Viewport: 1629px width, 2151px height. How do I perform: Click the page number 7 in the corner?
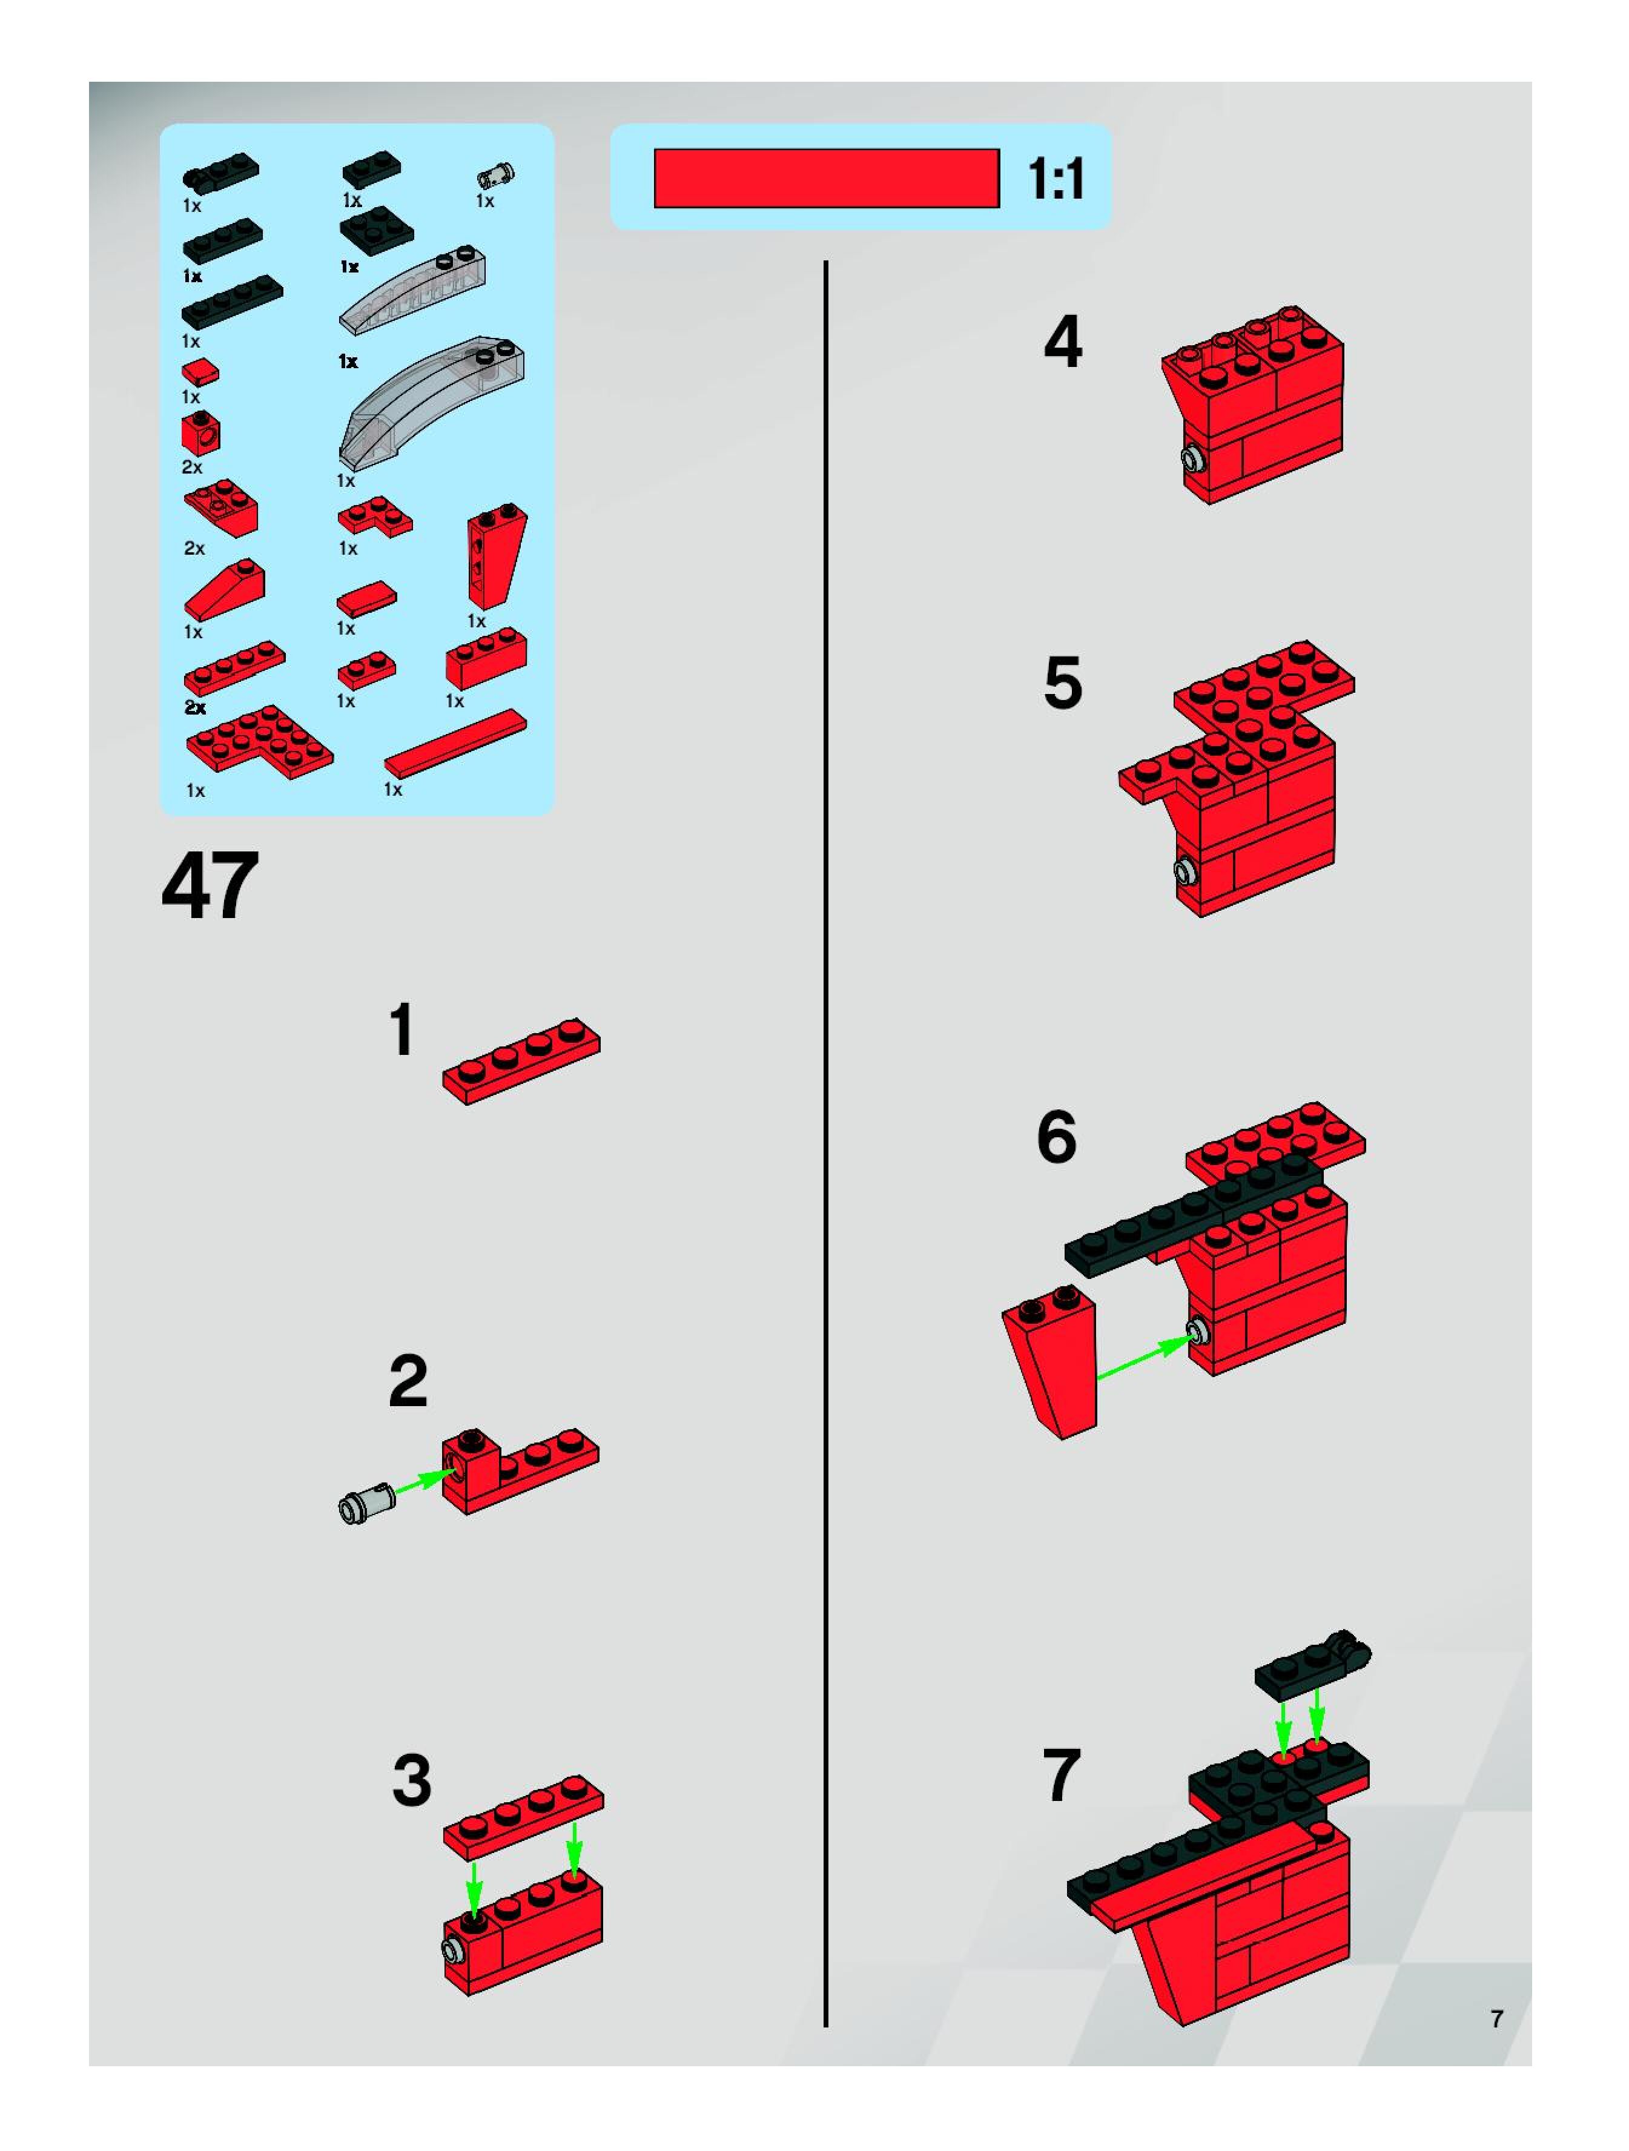pyautogui.click(x=1497, y=2019)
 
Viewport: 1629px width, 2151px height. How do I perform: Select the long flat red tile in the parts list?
pyautogui.click(x=455, y=743)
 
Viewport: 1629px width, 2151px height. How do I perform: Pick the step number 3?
pyautogui.click(x=411, y=1780)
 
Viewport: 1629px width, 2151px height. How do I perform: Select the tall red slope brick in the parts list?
pyautogui.click(x=496, y=557)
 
